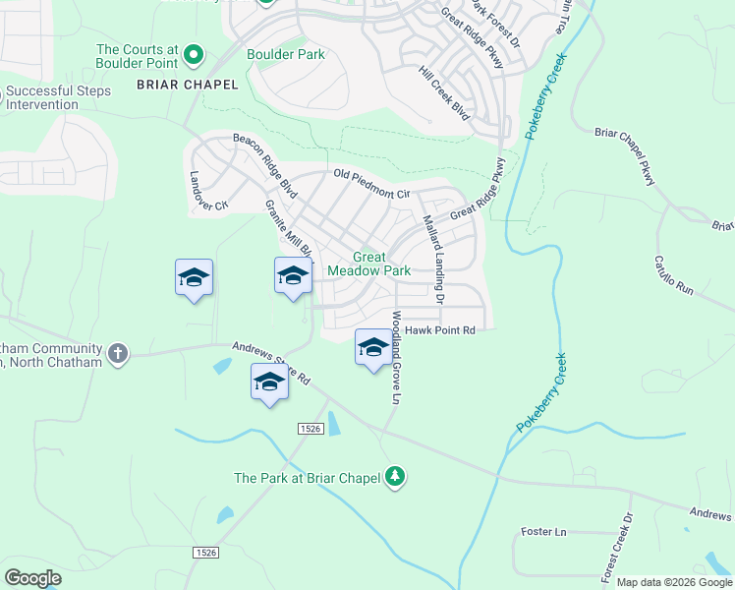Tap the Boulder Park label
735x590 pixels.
coord(285,54)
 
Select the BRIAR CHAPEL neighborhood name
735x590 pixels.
coord(188,85)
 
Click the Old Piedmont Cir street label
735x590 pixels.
coord(370,184)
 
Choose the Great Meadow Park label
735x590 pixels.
coord(368,264)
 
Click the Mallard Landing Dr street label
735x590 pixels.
coord(433,259)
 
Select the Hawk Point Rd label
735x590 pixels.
coord(439,330)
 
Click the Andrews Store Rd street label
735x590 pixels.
coord(271,363)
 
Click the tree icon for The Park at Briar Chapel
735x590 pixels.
coord(395,477)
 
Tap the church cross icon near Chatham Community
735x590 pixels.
coord(118,353)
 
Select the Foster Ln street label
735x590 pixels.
coord(544,532)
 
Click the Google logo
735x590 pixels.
coord(32,578)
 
